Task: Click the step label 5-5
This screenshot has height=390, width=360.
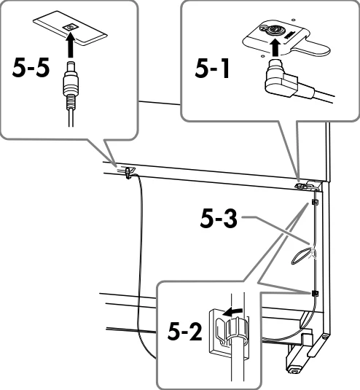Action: [31, 69]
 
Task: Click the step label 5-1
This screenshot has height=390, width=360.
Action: [212, 69]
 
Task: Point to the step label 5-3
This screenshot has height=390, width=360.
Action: [219, 218]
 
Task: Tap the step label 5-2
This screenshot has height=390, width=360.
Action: [184, 332]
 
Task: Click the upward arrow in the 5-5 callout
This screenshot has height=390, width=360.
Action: [71, 45]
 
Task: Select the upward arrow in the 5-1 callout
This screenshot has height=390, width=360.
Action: [275, 47]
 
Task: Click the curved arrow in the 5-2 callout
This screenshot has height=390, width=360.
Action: [232, 312]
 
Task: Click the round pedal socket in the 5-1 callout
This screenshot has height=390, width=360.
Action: [273, 30]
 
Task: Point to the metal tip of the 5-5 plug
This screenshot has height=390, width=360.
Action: [71, 66]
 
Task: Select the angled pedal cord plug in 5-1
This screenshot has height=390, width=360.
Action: [282, 80]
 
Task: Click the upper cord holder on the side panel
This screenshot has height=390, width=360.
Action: [315, 202]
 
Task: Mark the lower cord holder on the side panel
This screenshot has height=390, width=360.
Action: [315, 294]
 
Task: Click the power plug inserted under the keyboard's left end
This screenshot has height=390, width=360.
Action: [128, 173]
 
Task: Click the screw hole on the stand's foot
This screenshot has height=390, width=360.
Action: [325, 338]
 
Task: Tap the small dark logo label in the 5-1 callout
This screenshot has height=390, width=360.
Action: [289, 35]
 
